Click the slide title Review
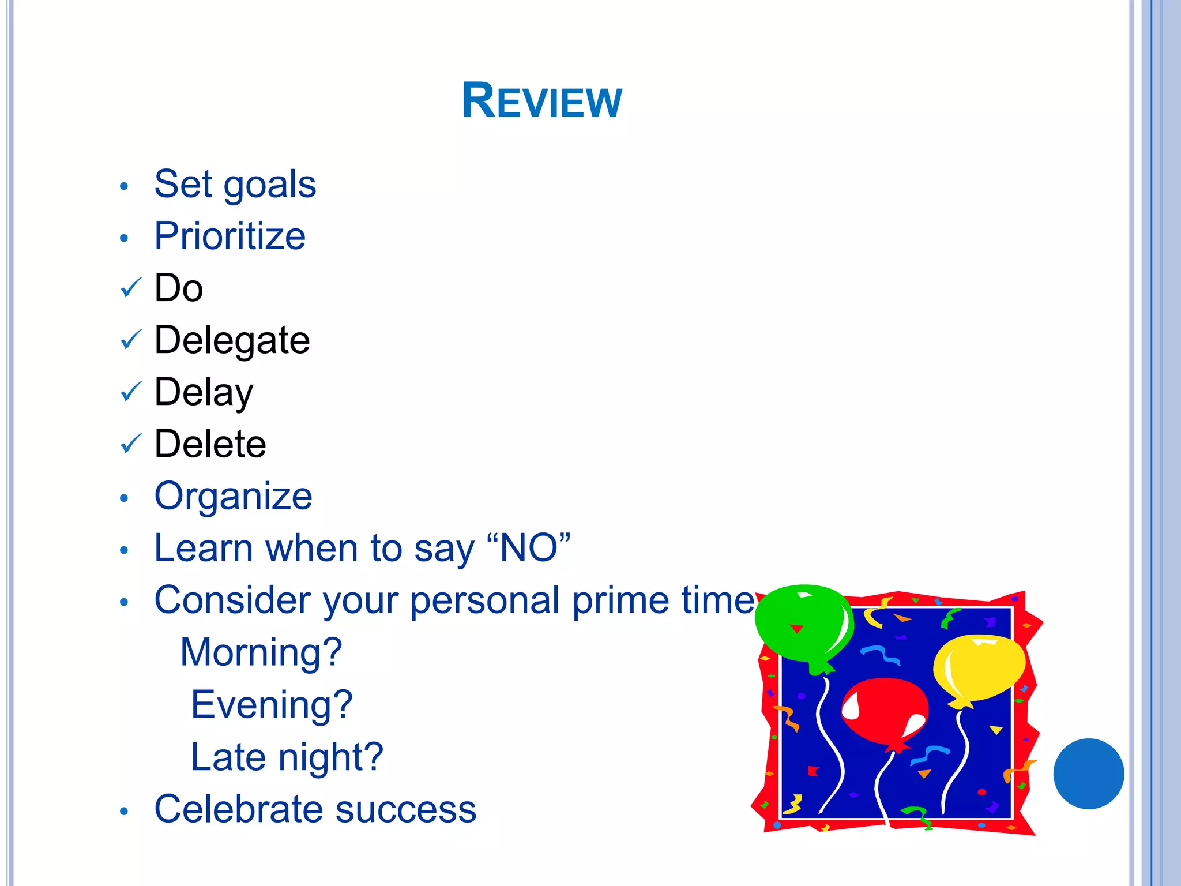[541, 101]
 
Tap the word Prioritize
[230, 236]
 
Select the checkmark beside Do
[131, 287]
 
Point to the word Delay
[204, 392]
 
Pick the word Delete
[210, 444]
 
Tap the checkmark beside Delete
[131, 444]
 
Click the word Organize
[233, 496]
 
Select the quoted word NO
[528, 548]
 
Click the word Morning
[261, 652]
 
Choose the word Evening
[271, 704]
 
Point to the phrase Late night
[287, 757]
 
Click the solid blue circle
[1088, 774]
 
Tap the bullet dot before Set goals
[123, 186]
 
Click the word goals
[269, 185]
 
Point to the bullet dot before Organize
[123, 498]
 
